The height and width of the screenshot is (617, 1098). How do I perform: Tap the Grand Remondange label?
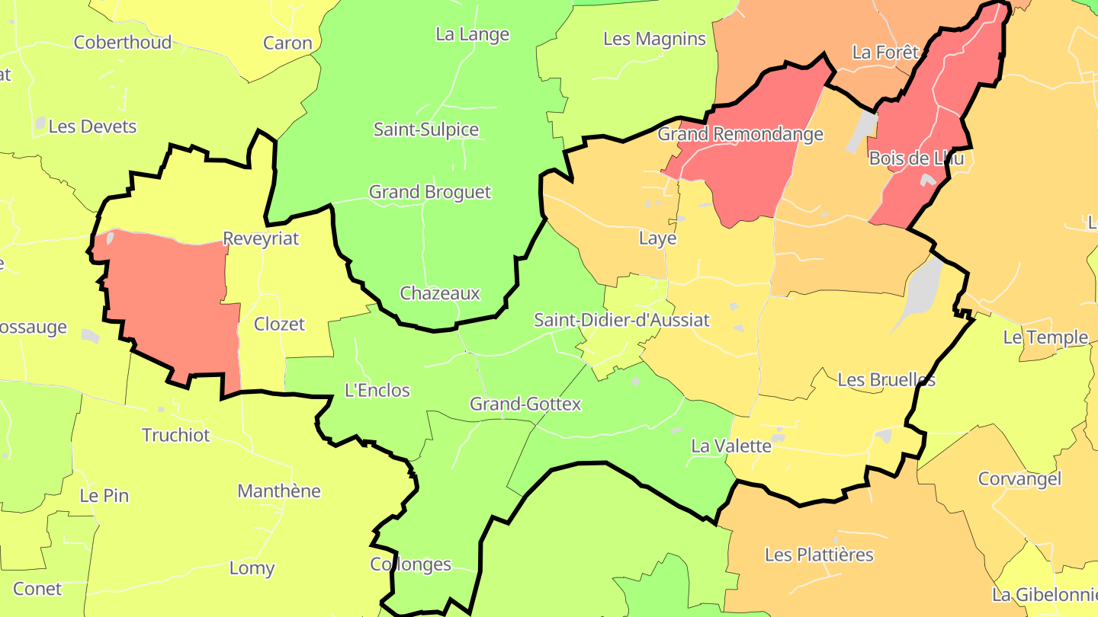(x=740, y=135)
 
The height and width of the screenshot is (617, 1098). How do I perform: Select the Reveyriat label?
(x=261, y=239)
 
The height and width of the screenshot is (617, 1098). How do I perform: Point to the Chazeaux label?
(x=440, y=293)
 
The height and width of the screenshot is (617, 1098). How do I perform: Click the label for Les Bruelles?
(x=886, y=379)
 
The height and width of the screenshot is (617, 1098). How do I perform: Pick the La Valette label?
(x=731, y=446)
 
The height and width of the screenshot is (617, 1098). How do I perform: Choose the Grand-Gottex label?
(x=525, y=404)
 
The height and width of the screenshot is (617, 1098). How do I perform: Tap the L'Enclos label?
(x=377, y=391)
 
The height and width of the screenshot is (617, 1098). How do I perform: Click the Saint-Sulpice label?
(x=426, y=129)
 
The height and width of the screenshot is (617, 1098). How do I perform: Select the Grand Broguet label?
(x=430, y=192)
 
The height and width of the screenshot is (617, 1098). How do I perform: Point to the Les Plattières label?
(x=819, y=555)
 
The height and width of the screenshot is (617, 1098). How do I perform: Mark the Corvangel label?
(x=1019, y=479)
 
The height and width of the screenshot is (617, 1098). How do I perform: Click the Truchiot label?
(x=176, y=435)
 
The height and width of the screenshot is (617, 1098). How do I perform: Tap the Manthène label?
(x=279, y=491)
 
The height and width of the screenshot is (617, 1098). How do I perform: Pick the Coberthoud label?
(x=123, y=42)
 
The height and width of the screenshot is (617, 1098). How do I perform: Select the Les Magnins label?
(x=654, y=39)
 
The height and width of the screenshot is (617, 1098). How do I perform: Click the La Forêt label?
(x=886, y=53)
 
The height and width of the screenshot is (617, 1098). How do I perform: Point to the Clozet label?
(x=279, y=324)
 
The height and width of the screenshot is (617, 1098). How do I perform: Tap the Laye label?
(x=657, y=238)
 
